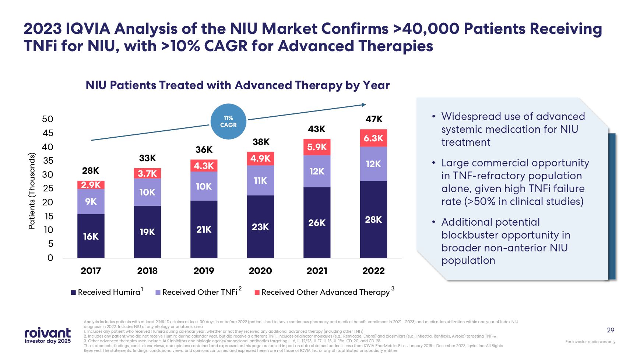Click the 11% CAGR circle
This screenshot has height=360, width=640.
pos(228,121)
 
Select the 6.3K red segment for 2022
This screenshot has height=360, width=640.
pos(373,138)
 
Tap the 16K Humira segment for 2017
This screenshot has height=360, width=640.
pos(91,236)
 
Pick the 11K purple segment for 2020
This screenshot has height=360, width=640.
pos(260,180)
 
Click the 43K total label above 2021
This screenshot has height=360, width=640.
pos(317,129)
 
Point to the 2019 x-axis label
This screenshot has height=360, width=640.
pos(204,271)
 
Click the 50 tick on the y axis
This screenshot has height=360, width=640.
pos(48,119)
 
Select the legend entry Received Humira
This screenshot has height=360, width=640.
pos(106,292)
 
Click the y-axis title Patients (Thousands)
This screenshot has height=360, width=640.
pos(32,191)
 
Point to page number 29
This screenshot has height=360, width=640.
pos(611,330)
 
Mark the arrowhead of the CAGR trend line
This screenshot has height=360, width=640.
pos(364,105)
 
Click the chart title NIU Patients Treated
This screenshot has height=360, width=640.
pos(238,85)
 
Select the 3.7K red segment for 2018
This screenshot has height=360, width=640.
pos(147,173)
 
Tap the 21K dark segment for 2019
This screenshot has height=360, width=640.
pos(204,229)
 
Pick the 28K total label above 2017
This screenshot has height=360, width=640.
pos(91,171)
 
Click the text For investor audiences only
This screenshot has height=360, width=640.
pos(590,342)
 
